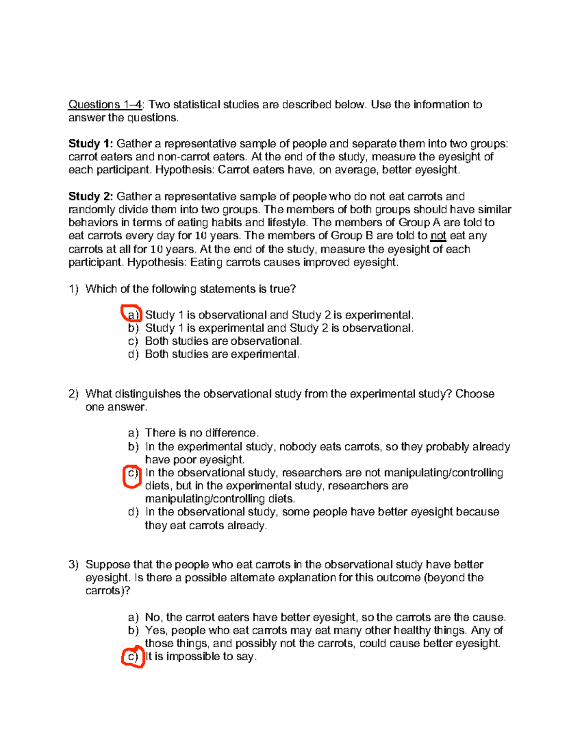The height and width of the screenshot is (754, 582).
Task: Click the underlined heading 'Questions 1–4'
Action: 105,104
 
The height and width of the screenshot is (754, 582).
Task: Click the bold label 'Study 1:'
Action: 91,144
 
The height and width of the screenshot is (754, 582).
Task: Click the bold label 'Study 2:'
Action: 91,196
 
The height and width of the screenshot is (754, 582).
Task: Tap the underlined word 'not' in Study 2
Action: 438,236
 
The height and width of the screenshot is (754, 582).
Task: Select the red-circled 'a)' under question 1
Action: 132,315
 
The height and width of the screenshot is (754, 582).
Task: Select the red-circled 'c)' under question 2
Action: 132,473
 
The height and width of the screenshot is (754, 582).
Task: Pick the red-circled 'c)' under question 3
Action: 132,657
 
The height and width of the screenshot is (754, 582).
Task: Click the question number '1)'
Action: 73,289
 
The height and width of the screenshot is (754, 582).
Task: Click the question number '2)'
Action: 73,394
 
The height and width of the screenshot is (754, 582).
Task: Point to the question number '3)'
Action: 73,564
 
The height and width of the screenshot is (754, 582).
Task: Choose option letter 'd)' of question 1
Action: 133,354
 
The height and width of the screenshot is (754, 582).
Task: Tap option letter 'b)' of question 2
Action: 133,447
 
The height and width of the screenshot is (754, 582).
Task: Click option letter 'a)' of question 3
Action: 133,617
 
